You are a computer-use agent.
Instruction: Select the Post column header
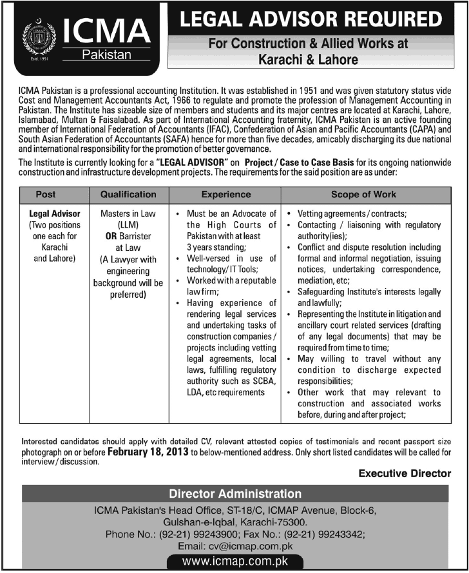[54, 194]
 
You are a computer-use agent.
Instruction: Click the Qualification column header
[128, 194]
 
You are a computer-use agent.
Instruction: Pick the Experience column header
[225, 194]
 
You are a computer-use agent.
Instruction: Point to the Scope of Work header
[363, 194]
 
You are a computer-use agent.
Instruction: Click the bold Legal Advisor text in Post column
[55, 214]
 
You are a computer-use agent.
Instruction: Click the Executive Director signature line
[405, 473]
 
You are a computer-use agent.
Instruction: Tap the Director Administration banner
[235, 494]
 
